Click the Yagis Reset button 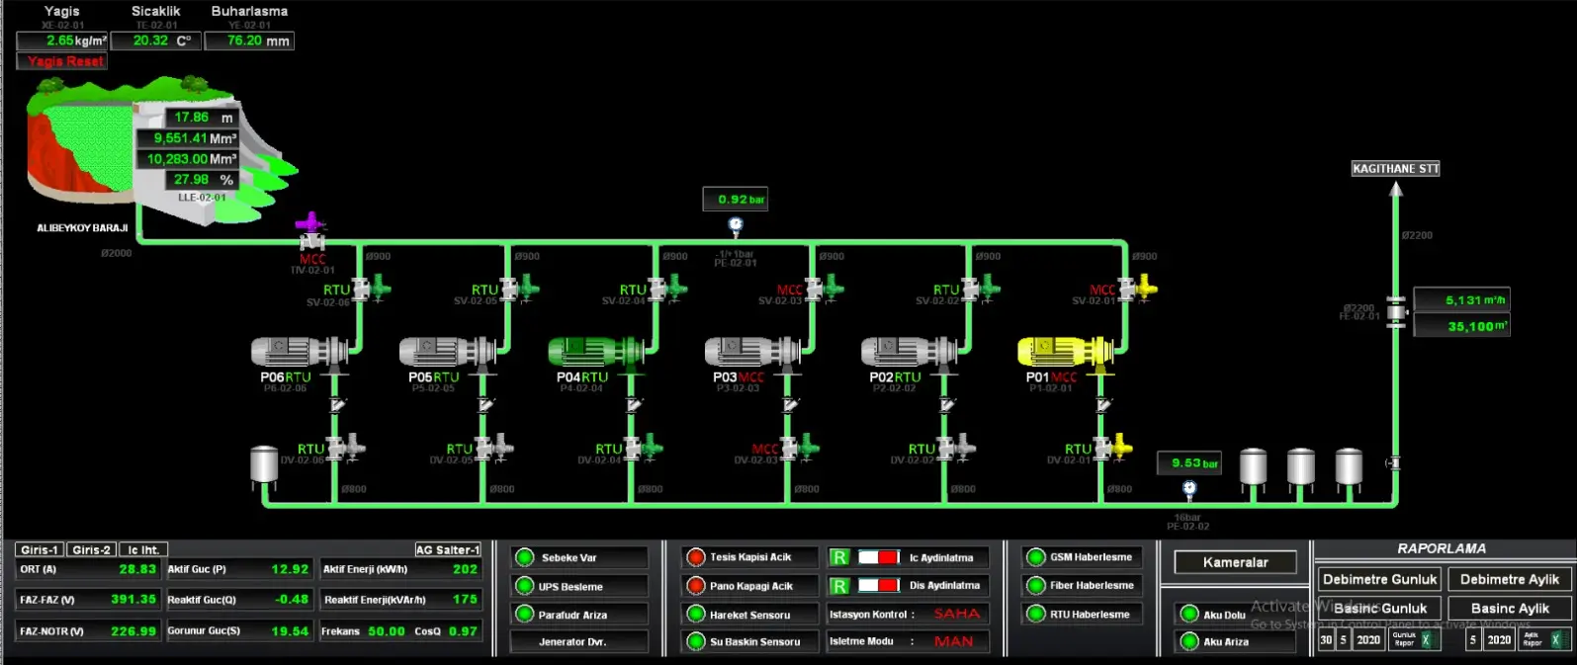coord(62,61)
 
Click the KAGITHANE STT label coord(1395,169)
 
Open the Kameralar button coord(1235,562)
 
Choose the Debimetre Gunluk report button coord(1378,579)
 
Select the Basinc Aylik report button coord(1509,608)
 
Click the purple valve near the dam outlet coord(311,223)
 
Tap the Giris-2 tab coord(92,549)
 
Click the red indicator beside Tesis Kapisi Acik coord(696,557)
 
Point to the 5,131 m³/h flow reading coord(1461,299)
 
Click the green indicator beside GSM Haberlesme coord(1035,557)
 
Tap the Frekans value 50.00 coord(386,631)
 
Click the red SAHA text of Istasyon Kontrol coord(956,614)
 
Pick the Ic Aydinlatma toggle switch coord(878,557)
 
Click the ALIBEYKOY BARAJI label coord(82,228)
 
